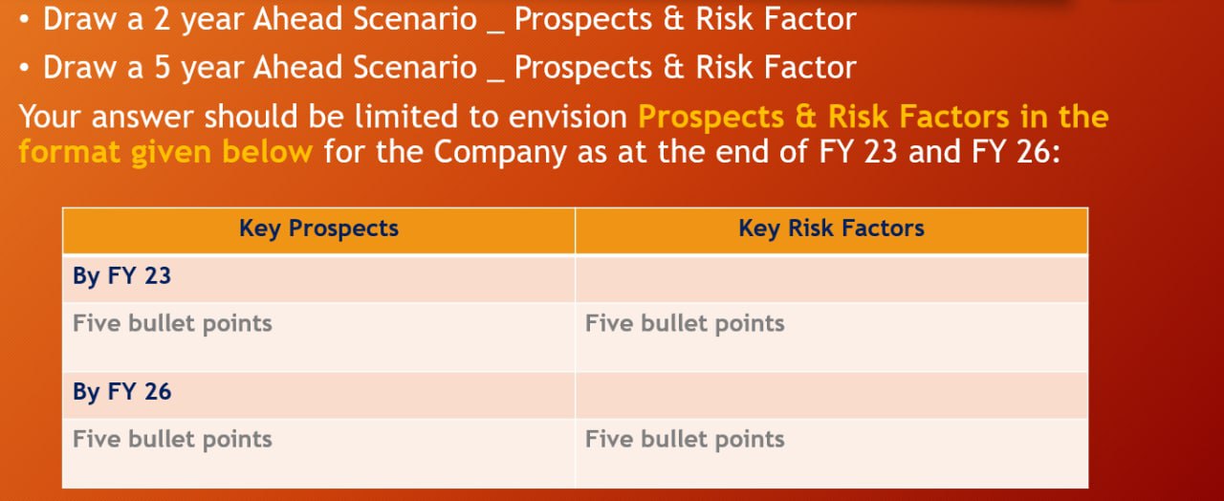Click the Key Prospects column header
pyautogui.click(x=318, y=229)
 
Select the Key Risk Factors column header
pyautogui.click(x=831, y=229)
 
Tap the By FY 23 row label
pyautogui.click(x=121, y=276)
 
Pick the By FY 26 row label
pyautogui.click(x=121, y=392)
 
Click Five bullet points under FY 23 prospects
pyautogui.click(x=172, y=323)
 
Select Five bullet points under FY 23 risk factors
pyautogui.click(x=685, y=323)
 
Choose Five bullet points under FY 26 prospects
pyautogui.click(x=172, y=439)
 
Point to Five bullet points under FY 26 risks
pyautogui.click(x=685, y=439)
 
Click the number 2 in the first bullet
pyautogui.click(x=161, y=18)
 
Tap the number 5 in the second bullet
pyautogui.click(x=161, y=67)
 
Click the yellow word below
pyautogui.click(x=268, y=152)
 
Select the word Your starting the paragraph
pyautogui.click(x=54, y=117)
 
